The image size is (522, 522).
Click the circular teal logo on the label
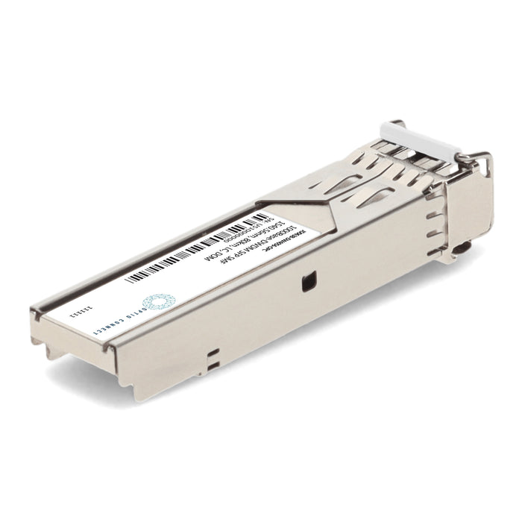pyautogui.click(x=156, y=301)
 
